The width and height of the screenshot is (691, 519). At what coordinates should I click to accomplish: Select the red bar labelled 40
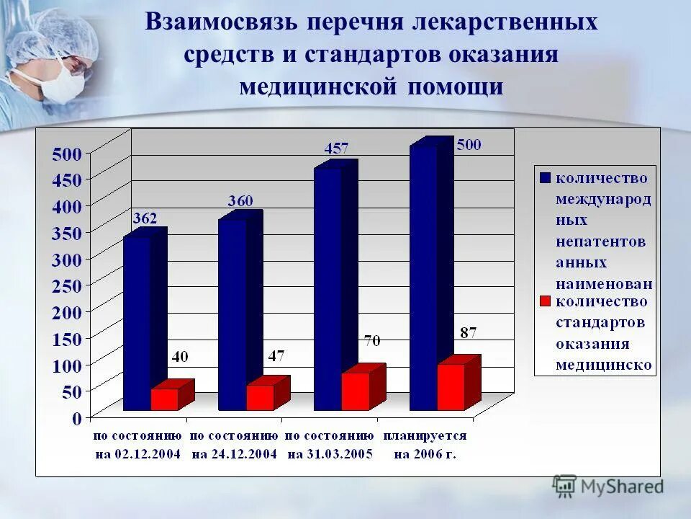[x=164, y=399]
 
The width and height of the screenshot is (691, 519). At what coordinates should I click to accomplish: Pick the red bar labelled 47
[x=260, y=397]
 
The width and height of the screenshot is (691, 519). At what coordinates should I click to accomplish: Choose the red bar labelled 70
[x=356, y=391]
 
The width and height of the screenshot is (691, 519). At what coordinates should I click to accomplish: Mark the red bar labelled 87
[x=451, y=386]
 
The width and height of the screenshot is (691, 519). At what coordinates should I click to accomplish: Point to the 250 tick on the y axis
[x=67, y=285]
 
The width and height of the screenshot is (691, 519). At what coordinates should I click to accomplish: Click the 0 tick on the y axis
[x=76, y=417]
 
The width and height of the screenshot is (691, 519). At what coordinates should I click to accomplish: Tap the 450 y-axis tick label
[x=67, y=179]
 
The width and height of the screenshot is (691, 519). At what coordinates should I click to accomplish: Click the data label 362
[x=144, y=218]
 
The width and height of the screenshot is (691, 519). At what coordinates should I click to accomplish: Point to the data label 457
[x=335, y=149]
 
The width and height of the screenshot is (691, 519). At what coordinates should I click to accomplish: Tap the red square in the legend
[x=545, y=301]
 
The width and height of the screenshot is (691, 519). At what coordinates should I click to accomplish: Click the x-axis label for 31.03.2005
[x=329, y=445]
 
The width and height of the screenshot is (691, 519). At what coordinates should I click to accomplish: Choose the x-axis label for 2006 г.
[x=425, y=445]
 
